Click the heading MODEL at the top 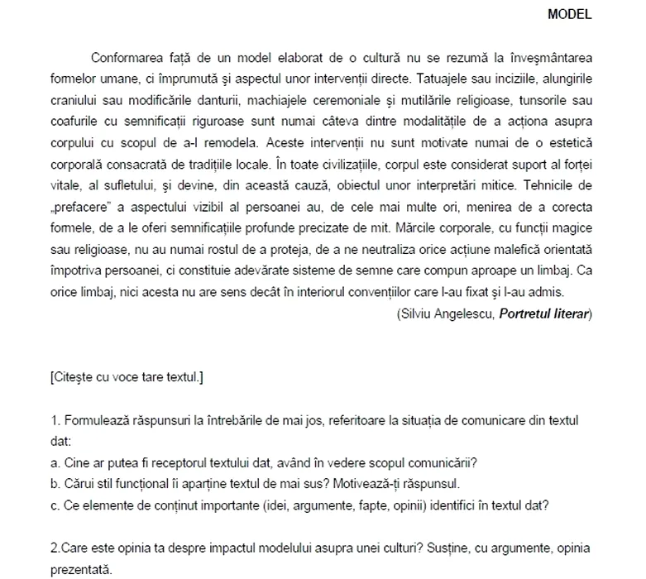point(572,14)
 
